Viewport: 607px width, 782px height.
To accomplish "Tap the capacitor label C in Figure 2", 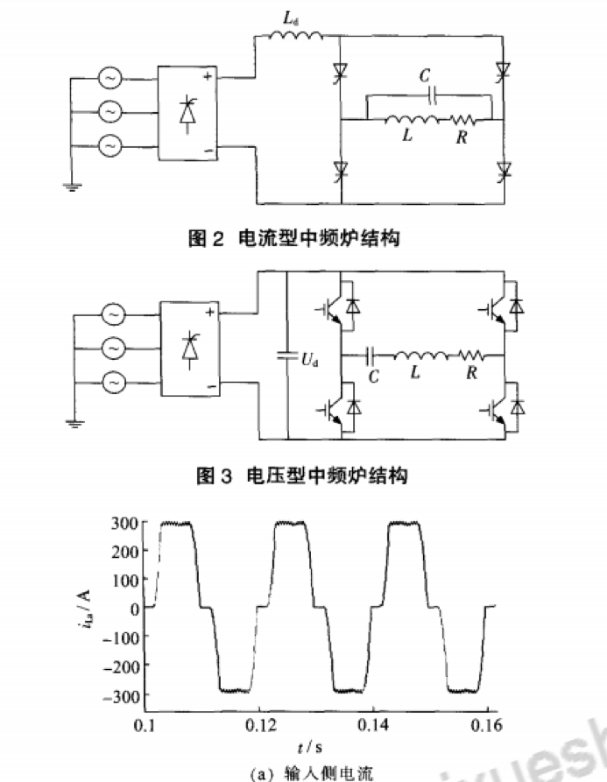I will coord(426,76).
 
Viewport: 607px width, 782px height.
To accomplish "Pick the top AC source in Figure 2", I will coord(111,79).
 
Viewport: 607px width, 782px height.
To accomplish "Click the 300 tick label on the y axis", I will coord(124,524).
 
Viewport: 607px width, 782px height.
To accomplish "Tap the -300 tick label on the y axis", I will coord(121,694).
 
